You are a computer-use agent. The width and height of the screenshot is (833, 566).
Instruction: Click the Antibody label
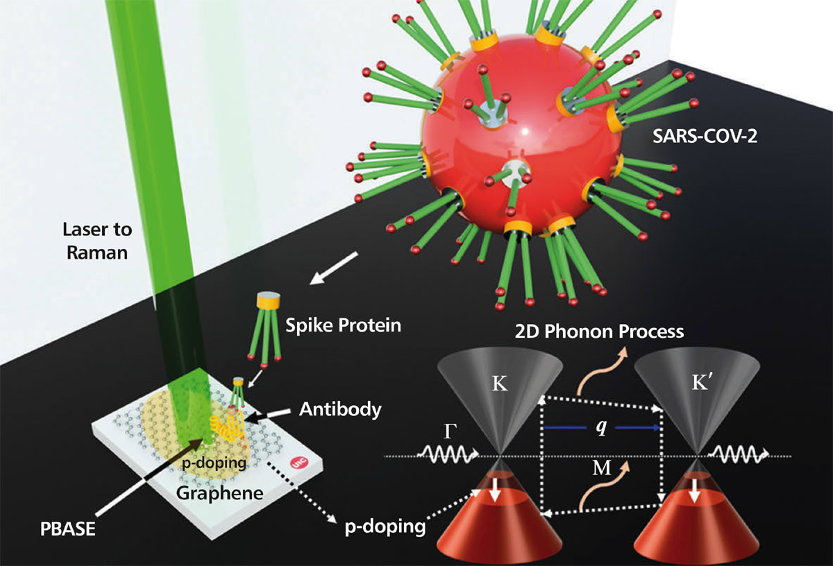(340, 409)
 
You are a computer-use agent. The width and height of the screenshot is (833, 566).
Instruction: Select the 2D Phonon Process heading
(599, 331)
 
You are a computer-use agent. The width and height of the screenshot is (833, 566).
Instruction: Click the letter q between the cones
(601, 427)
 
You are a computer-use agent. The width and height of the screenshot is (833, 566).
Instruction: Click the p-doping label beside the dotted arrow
(385, 526)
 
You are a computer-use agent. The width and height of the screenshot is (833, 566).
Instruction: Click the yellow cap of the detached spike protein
(268, 300)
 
